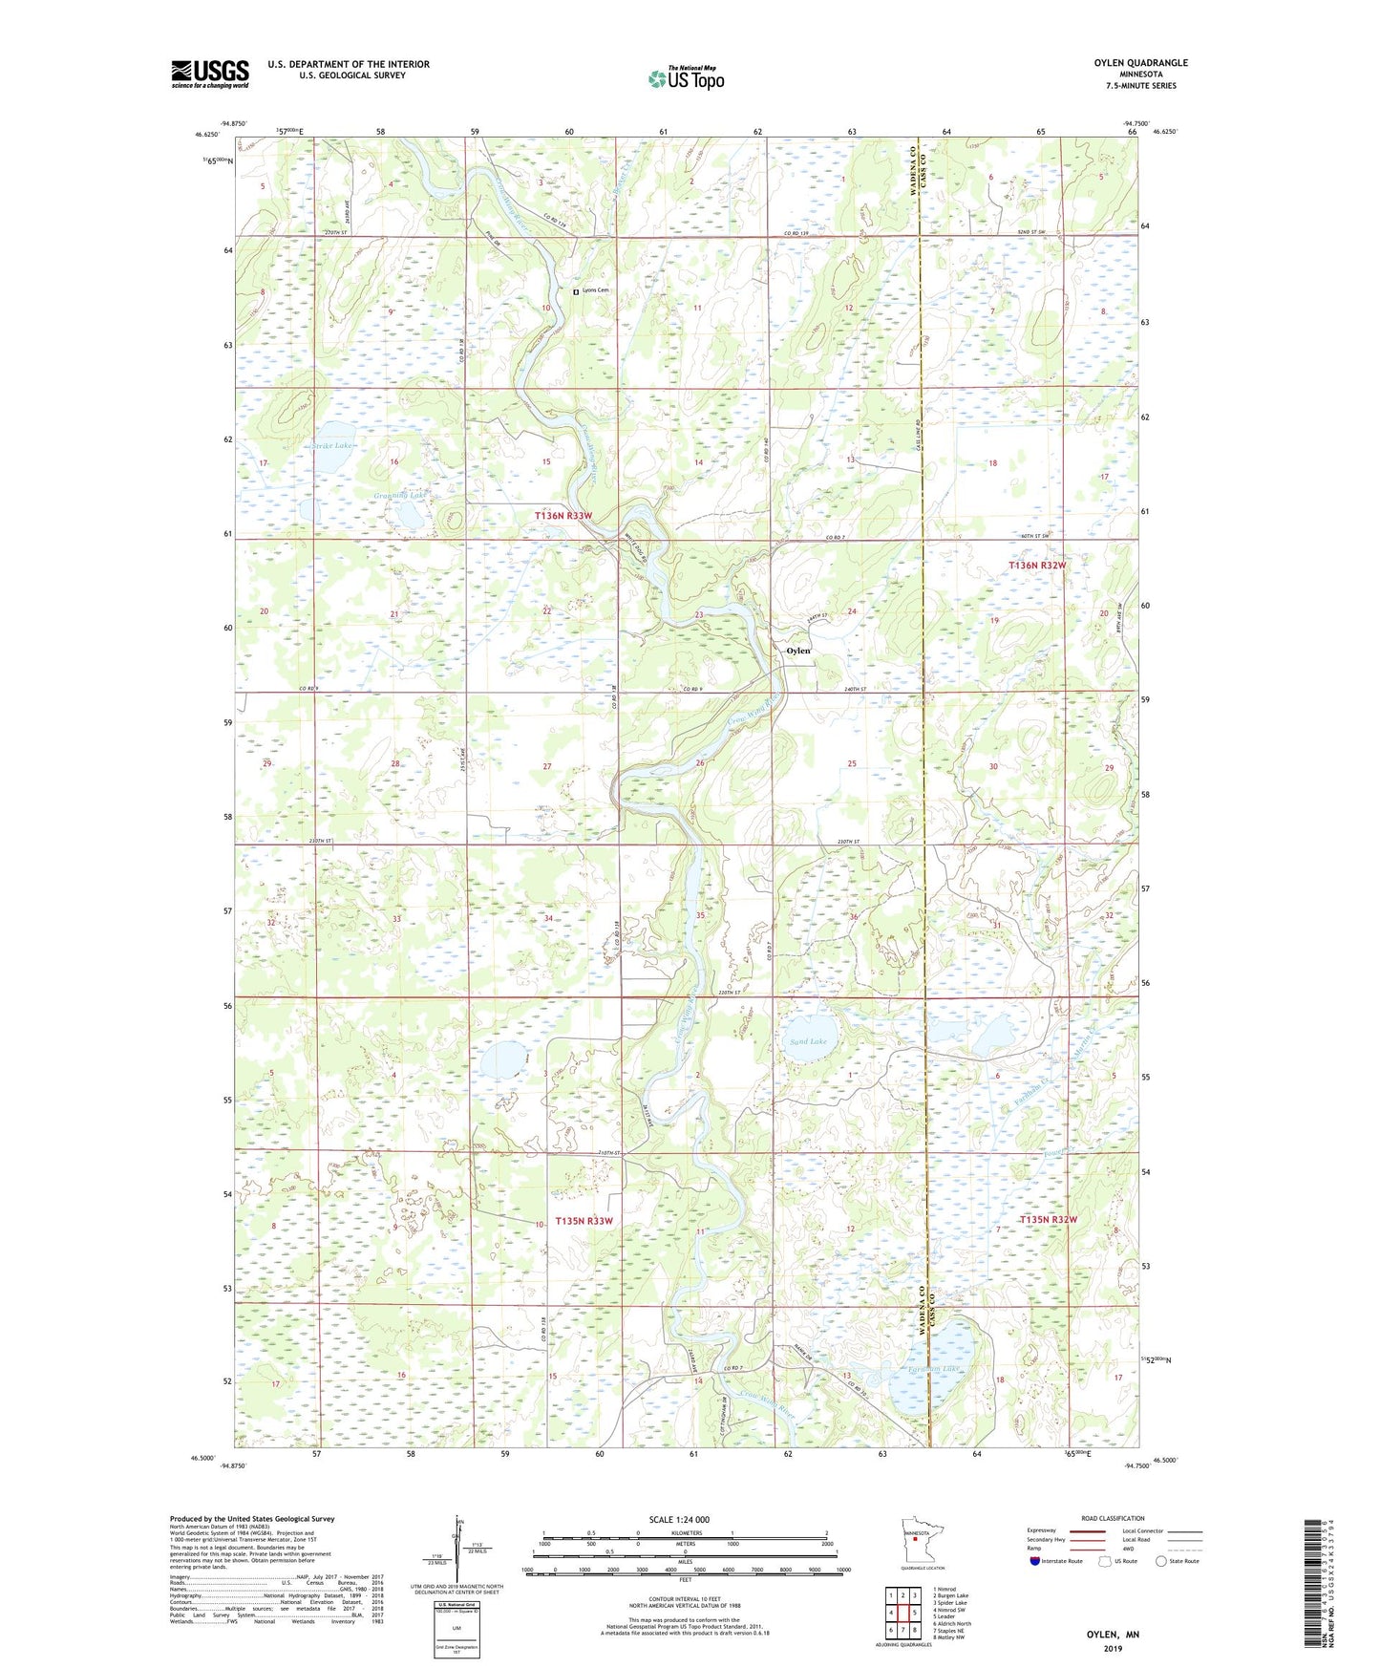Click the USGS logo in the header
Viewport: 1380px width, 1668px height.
[210, 74]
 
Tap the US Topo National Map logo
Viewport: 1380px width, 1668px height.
[686, 78]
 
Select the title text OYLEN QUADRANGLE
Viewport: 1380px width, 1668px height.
[1140, 63]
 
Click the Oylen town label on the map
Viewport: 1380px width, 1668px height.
[797, 651]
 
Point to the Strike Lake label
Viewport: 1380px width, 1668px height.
[331, 446]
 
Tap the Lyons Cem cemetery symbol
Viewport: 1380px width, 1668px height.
[575, 290]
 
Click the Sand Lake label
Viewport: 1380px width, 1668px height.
[808, 1041]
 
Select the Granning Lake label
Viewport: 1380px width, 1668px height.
[399, 496]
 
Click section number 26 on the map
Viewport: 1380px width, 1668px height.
[700, 763]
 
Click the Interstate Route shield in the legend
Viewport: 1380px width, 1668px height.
[1036, 1561]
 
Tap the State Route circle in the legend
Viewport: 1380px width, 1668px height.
[1161, 1561]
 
